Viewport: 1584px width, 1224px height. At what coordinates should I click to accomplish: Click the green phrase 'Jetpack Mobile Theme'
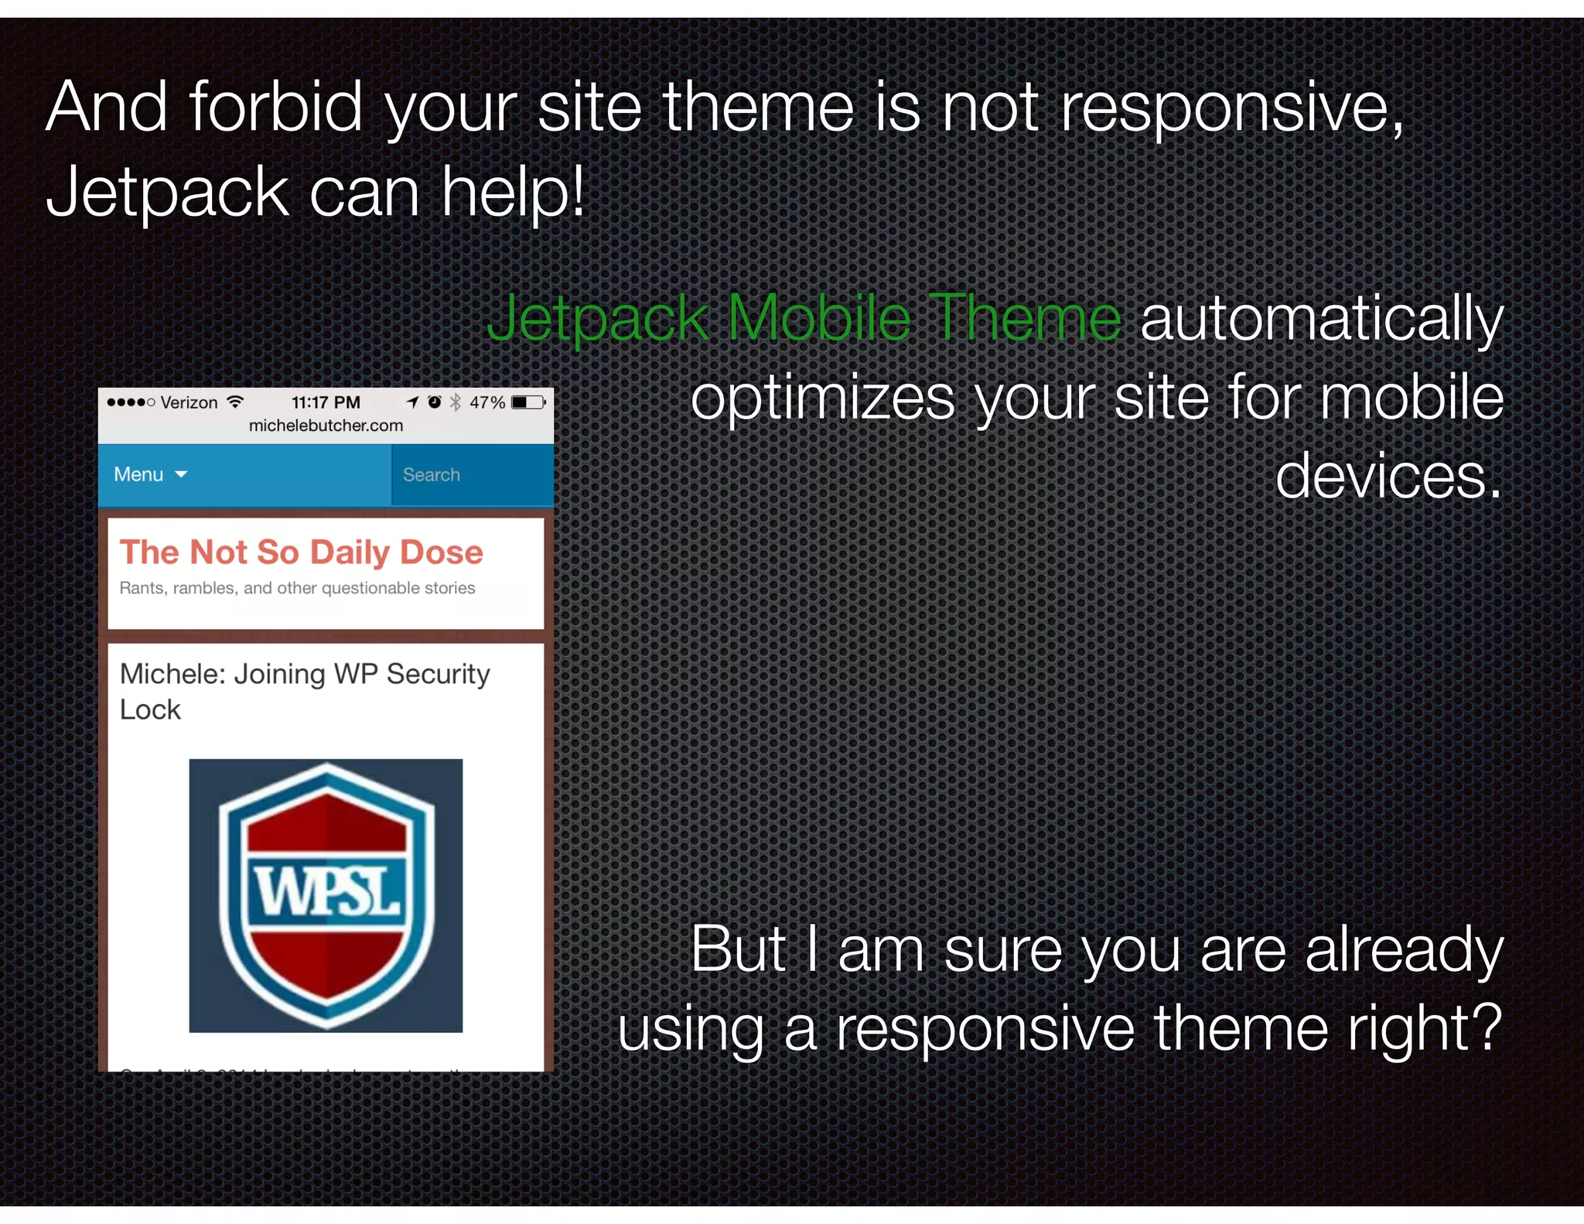(804, 318)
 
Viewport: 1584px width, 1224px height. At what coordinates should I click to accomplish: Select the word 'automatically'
(1321, 318)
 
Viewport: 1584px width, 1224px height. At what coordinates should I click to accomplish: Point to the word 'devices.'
(1388, 476)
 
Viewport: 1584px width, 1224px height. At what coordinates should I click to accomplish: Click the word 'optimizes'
(823, 398)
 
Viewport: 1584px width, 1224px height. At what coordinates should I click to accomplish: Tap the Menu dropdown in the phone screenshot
(150, 474)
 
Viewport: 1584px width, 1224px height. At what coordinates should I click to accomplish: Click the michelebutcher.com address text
(326, 426)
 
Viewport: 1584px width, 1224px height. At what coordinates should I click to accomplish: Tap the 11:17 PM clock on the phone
(326, 402)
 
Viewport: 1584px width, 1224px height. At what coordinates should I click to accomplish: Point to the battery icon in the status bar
(528, 402)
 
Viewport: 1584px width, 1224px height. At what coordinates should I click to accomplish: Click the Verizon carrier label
(189, 402)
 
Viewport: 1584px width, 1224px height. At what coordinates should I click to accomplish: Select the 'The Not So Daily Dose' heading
(301, 552)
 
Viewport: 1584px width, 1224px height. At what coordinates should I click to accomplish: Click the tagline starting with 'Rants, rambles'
(297, 588)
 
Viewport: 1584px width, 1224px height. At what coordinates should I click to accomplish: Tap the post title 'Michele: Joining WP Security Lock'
(304, 691)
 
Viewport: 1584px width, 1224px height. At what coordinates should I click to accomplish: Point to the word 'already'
(1403, 949)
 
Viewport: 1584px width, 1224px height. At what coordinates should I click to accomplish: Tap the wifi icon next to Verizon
(235, 402)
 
